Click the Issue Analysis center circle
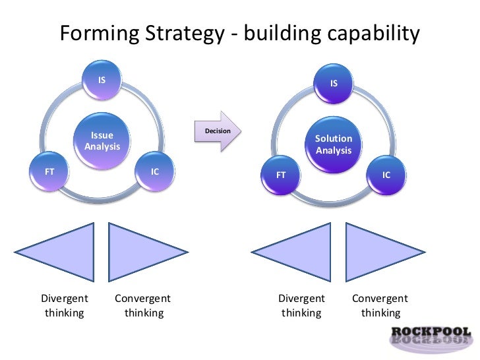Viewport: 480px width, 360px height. pos(102,140)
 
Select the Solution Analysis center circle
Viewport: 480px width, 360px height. pos(334,144)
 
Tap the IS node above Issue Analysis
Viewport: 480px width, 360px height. pos(102,80)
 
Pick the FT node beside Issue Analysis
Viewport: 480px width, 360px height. pos(49,172)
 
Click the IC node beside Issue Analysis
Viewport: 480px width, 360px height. pos(155,172)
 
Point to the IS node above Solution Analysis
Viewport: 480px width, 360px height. pos(334,84)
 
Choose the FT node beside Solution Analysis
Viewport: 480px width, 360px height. pos(281,175)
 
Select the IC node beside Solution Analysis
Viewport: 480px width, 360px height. pos(386,175)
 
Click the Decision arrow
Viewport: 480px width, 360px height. pos(218,131)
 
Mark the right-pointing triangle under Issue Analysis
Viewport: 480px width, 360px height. pos(138,249)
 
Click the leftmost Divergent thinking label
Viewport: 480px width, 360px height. pos(65,305)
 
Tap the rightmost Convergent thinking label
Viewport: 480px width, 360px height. pos(380,305)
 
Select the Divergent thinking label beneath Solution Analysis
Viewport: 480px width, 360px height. pos(301,305)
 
